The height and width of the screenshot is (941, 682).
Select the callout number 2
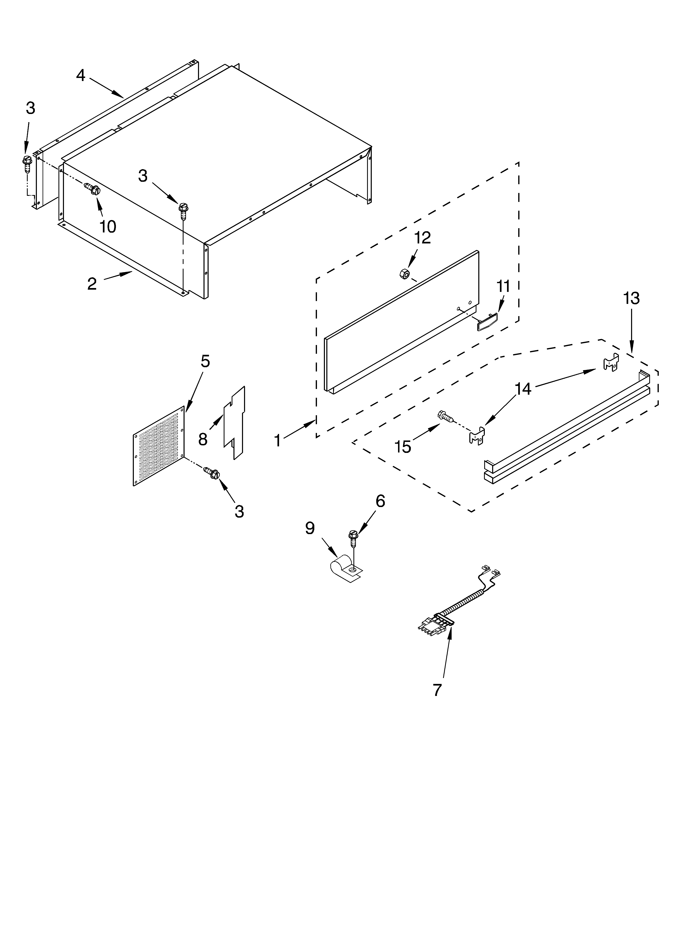[x=92, y=284]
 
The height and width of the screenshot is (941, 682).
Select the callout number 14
[x=523, y=389]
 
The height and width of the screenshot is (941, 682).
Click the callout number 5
[x=205, y=361]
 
